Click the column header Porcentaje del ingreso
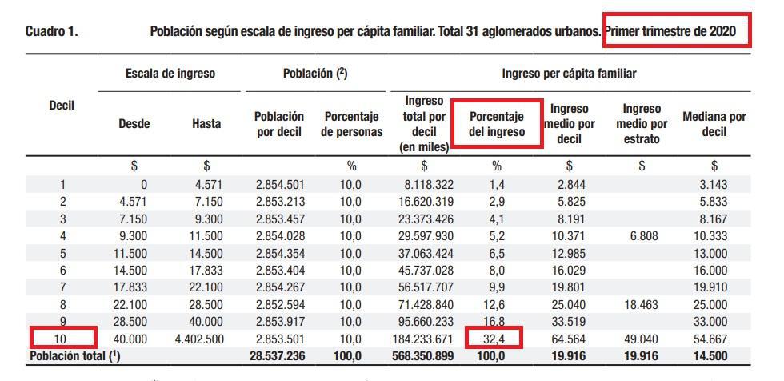(495, 124)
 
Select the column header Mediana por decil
(714, 124)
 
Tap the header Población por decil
(279, 124)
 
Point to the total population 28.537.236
(277, 355)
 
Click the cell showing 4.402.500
(199, 339)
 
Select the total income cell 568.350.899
(424, 355)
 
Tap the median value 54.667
(714, 339)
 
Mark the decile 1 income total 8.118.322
(424, 185)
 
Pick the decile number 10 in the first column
(62, 339)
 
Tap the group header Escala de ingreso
(170, 73)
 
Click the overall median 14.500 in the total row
(714, 355)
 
